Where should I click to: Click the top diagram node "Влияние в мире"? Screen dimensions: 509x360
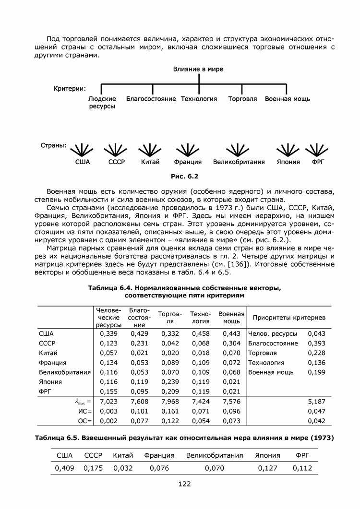tap(198, 70)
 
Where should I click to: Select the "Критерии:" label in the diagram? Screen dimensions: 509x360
tap(70, 88)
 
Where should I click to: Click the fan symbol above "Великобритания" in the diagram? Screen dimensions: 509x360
tap(238, 150)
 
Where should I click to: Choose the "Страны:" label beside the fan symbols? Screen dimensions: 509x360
tap(52, 146)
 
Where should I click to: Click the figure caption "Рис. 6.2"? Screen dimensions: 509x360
tap(184, 176)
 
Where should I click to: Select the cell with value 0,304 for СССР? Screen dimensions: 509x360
tap(231, 343)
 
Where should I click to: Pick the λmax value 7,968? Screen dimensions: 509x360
tap(170, 401)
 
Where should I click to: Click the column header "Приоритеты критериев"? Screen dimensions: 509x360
tap(289, 318)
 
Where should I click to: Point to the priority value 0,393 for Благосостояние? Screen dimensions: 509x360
tap(316, 343)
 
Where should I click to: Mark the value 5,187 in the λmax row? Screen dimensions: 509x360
tap(316, 401)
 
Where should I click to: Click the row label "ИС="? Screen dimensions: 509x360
tap(85, 411)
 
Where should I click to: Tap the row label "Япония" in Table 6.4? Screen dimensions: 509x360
tap(49, 382)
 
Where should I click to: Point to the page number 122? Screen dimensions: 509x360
tap(184, 484)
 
